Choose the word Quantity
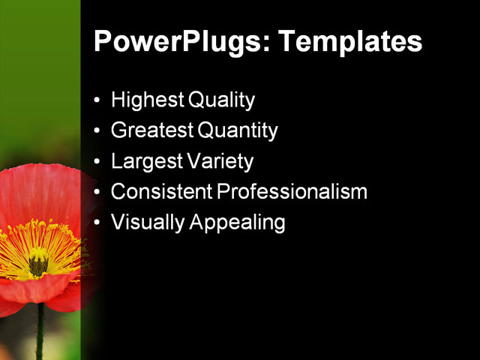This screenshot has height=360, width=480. (238, 130)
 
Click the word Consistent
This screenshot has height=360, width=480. (161, 192)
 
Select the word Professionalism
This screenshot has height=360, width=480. (292, 192)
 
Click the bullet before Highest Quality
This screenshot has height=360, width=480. (97, 100)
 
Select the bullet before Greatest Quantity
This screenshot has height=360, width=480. (97, 131)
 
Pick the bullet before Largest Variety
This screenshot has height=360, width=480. (97, 162)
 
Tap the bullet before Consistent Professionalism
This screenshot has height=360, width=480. (97, 193)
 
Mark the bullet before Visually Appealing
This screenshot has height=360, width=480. (97, 223)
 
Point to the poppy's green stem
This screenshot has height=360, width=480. (40, 330)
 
